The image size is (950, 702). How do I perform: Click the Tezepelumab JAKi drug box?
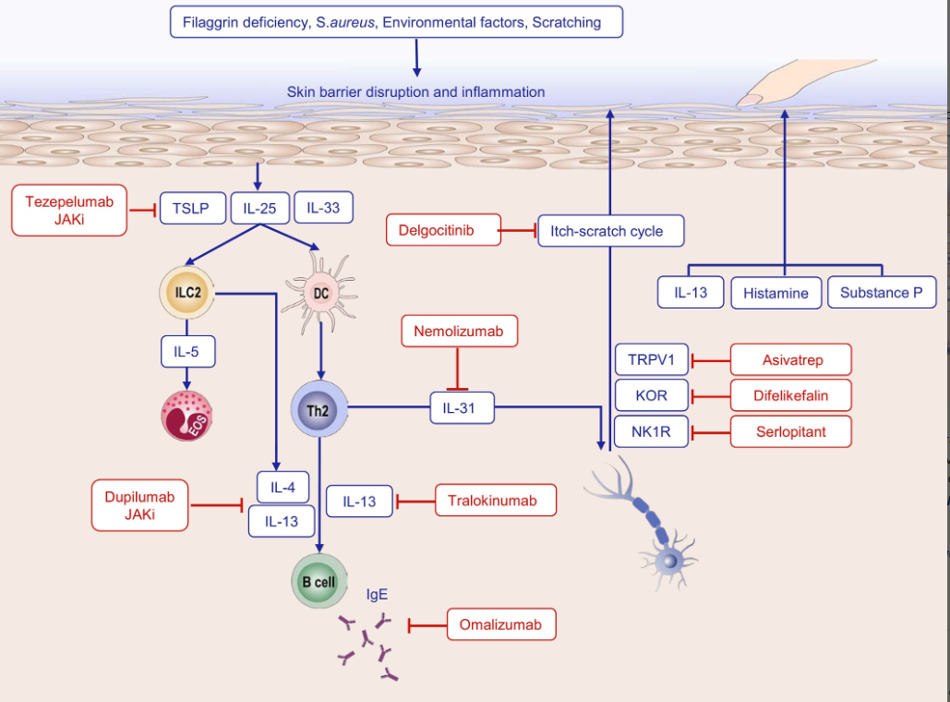point(69,210)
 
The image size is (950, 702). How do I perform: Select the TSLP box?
point(192,209)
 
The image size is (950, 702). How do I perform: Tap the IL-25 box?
point(260,209)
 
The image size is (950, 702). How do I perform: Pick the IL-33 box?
point(323,208)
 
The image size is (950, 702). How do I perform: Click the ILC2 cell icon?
point(187,293)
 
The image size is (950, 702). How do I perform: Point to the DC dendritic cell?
point(319,293)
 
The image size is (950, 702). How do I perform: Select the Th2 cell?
point(319,410)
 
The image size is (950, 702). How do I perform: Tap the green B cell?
point(319,581)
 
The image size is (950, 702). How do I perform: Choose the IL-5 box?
point(187,351)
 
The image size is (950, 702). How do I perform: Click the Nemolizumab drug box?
point(459,331)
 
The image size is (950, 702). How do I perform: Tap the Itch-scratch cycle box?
point(611,231)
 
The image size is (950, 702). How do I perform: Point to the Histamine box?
point(776,293)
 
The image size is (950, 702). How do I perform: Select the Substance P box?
point(881,292)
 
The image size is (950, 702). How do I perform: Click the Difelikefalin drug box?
point(789,395)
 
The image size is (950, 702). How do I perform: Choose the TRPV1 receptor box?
point(652,359)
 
